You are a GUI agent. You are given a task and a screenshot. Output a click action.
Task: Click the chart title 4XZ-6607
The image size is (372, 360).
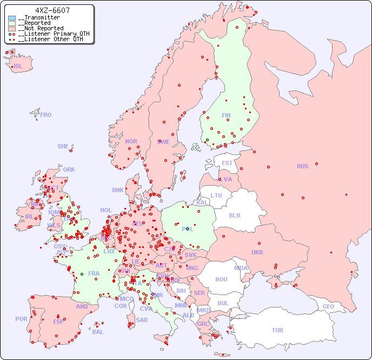52,10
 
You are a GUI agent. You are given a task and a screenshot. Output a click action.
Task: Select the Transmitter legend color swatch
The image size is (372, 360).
12,18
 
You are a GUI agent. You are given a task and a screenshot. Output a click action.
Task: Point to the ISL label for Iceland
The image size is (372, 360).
18,67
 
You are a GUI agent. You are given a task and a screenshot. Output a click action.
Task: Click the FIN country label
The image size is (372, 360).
226,115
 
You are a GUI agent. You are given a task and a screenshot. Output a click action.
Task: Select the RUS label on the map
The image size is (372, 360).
302,166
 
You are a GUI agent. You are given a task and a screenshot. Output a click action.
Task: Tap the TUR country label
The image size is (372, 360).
277,330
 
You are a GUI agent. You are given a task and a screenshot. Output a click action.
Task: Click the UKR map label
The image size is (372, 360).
257,252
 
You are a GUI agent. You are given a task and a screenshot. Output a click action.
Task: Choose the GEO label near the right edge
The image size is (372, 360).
328,306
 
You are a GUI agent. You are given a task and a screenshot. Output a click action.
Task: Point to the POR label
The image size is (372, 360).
21,319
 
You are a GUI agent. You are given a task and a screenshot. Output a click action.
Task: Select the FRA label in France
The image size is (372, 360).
94,273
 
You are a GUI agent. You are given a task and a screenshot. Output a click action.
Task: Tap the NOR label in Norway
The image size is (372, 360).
131,141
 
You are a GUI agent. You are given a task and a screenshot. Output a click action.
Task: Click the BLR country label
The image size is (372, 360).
234,215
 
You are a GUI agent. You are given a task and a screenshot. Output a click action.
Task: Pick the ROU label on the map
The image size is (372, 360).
221,279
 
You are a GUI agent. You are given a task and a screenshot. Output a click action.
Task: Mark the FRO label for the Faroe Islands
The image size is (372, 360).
46,115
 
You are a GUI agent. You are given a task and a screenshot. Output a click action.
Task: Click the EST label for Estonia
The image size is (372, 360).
227,163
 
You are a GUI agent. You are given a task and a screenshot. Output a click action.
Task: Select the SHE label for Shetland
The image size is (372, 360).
63,146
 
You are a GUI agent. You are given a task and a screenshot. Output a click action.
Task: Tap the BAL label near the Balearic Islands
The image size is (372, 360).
97,332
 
